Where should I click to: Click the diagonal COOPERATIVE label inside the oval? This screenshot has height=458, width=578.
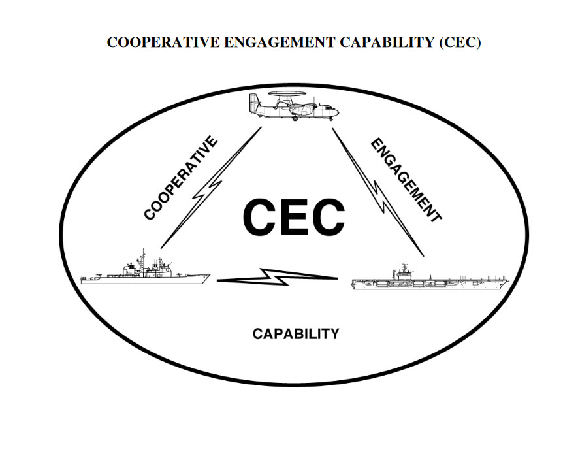click(x=180, y=178)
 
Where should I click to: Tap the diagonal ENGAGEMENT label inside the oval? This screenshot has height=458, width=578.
click(x=406, y=180)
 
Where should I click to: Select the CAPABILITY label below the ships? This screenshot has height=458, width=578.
click(x=296, y=334)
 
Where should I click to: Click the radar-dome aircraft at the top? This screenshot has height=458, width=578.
click(x=293, y=108)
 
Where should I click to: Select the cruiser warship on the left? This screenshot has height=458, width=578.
click(x=145, y=272)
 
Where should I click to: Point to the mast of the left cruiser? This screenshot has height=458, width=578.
click(x=142, y=255)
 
